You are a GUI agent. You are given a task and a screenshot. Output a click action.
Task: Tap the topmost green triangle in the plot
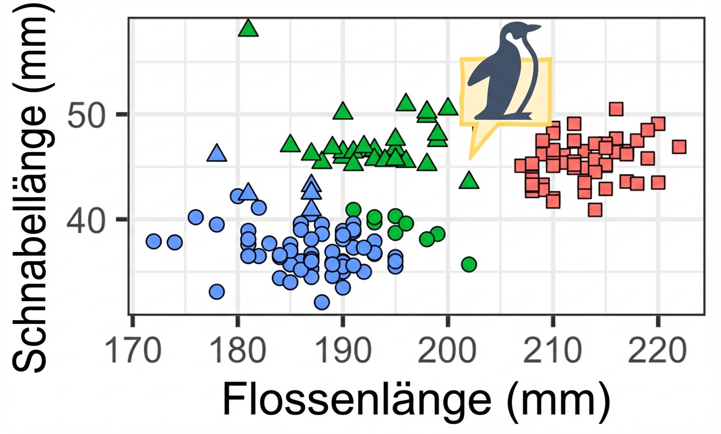tap(249, 28)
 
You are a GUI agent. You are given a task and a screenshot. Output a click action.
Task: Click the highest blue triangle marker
tap(217, 154)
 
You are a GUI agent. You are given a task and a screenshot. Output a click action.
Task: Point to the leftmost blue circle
tap(154, 241)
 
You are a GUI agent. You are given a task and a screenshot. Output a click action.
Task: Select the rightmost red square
tap(679, 147)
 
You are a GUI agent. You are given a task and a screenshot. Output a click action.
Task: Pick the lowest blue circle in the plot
tap(321, 302)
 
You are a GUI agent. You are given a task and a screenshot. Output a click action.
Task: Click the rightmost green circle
tap(469, 265)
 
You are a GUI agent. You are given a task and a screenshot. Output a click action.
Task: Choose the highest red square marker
tap(616, 109)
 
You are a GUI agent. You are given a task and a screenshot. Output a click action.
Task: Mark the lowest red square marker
tap(595, 210)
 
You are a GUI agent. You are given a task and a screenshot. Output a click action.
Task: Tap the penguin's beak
tap(535, 28)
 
